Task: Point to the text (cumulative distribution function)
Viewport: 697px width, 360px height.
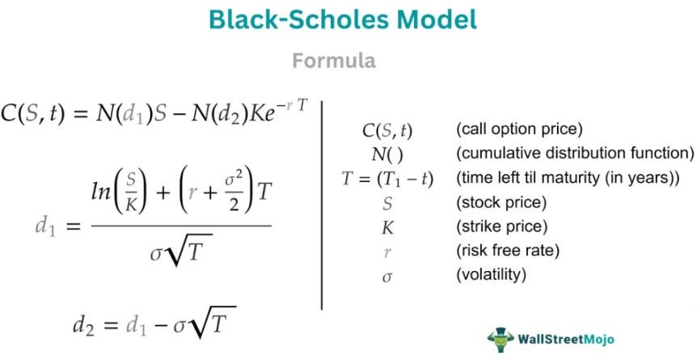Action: tap(575, 154)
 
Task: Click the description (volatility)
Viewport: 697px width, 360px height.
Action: tap(492, 275)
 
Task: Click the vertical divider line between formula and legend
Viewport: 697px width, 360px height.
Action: tap(323, 202)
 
